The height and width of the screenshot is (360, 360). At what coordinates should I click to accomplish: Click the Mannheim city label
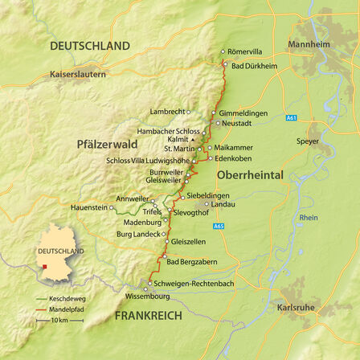[x=309, y=44]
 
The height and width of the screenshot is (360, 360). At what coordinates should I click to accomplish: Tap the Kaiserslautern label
[x=78, y=74]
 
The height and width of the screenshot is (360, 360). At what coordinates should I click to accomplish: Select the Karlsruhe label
[x=296, y=308]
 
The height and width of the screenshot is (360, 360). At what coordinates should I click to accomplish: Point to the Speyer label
[x=308, y=141]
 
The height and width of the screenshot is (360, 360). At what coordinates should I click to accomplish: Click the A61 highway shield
[x=291, y=118]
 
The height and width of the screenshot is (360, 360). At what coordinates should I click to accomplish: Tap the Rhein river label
[x=308, y=218]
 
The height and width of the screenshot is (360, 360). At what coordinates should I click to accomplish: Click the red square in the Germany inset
[x=46, y=267]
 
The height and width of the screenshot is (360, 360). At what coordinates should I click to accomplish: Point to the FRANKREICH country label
[x=148, y=316]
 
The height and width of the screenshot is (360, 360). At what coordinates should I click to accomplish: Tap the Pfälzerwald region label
[x=108, y=145]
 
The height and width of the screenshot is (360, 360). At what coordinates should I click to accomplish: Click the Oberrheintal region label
[x=251, y=174]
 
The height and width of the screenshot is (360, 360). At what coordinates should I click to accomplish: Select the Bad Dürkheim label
[x=254, y=65]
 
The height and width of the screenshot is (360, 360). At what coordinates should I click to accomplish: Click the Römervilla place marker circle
[x=223, y=51]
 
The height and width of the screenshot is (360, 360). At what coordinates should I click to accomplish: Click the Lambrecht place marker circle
[x=189, y=112]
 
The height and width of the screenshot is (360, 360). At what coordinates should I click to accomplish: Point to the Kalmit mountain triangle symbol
[x=193, y=139]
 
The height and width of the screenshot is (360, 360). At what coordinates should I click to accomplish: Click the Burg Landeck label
[x=138, y=234]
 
